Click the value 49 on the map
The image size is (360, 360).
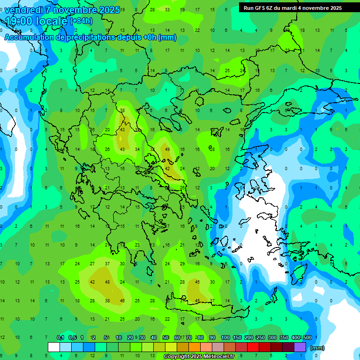click(x=167, y=149)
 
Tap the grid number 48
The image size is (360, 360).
click(x=108, y=282)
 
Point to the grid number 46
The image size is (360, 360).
click(x=122, y=300)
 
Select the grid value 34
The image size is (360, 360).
click(x=137, y=149)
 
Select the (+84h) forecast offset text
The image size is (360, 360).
click(x=81, y=21)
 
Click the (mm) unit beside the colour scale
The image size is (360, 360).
click(x=317, y=348)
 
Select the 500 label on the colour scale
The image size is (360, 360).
click(x=307, y=338)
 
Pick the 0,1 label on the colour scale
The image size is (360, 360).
click(x=60, y=338)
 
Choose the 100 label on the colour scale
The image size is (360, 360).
click(x=225, y=338)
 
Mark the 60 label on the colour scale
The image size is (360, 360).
click(x=177, y=338)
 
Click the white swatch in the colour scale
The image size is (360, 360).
click(x=54, y=347)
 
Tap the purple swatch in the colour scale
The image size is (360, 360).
click(x=300, y=347)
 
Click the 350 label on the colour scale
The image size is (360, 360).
click(x=284, y=338)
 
